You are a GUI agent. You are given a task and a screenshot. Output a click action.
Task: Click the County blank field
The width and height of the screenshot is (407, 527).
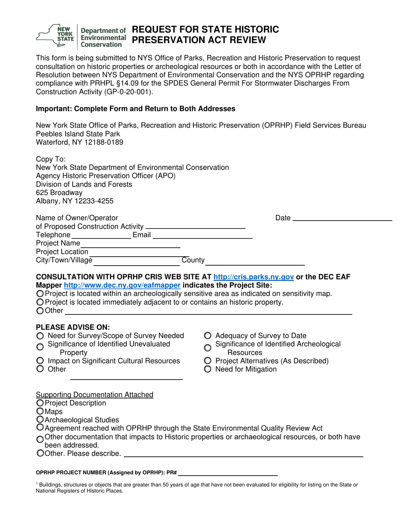256,261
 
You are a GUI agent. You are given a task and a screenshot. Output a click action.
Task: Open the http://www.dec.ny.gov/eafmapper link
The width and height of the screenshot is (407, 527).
122,285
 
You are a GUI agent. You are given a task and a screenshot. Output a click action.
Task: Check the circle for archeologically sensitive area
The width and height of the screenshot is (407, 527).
40,294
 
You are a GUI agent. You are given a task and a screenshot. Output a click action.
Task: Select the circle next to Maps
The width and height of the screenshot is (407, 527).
40,412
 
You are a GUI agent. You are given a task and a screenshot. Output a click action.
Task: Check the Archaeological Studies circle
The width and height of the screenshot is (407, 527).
40,420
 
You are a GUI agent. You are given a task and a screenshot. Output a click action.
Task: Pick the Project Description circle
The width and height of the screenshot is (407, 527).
40,403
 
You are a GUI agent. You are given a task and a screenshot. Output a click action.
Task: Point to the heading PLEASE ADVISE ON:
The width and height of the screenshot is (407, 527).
67,326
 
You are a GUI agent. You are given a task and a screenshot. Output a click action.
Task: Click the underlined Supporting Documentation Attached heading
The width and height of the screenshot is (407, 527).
95,395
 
